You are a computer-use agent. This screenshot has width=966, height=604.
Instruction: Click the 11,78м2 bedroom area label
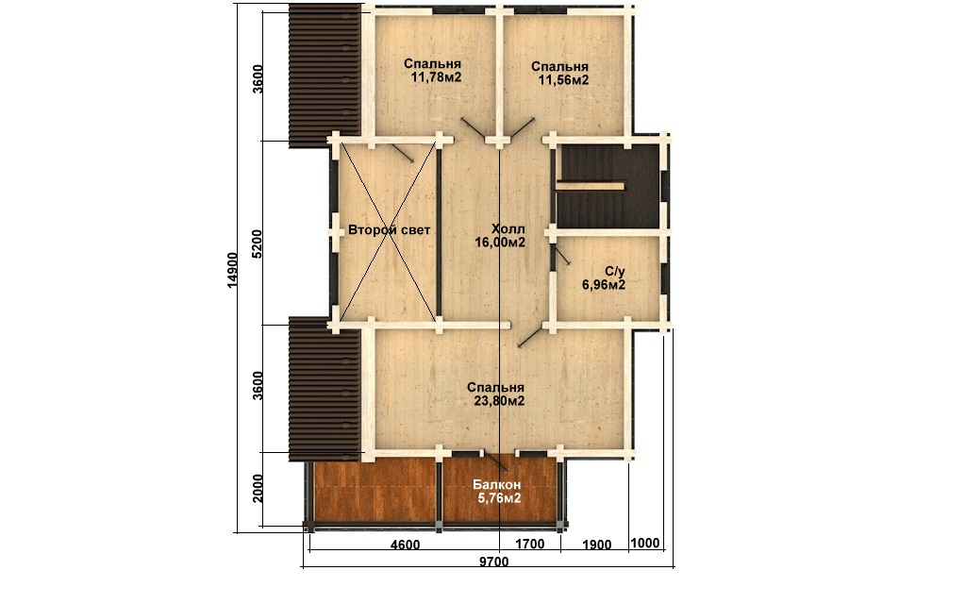(436, 77)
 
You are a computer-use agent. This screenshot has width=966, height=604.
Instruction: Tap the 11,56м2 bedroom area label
(564, 80)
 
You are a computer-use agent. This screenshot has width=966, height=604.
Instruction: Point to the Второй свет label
(390, 230)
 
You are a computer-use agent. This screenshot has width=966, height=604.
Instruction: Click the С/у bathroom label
(615, 271)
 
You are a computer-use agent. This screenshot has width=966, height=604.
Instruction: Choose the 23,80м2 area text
(499, 401)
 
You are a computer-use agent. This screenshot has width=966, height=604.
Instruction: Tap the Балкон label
(496, 485)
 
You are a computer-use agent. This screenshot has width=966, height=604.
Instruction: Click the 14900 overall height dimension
(232, 269)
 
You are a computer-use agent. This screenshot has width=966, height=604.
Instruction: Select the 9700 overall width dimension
(494, 562)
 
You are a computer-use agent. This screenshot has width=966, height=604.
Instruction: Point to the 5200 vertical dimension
(257, 243)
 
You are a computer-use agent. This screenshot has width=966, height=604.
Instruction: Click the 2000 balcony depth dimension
(258, 488)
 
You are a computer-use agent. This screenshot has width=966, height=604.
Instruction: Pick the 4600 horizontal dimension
(405, 545)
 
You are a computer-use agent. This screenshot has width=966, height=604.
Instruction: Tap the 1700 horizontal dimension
(530, 545)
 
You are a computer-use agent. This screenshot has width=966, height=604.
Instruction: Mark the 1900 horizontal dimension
(596, 545)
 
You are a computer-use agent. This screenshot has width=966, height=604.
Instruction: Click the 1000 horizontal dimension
(645, 543)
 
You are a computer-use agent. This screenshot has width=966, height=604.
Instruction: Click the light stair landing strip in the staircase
(591, 186)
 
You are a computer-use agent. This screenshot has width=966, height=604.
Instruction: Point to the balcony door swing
(495, 461)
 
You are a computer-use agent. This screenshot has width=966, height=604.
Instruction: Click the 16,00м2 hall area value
(500, 243)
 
